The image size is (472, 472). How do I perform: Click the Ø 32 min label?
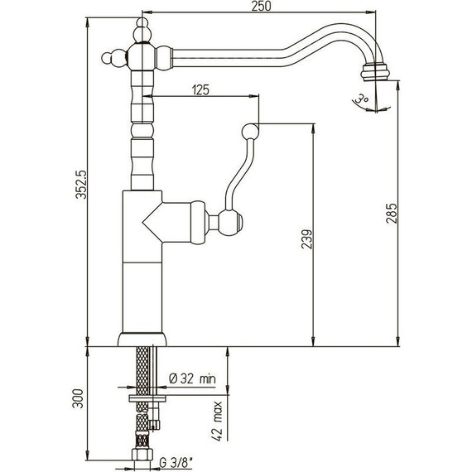[x=192, y=378]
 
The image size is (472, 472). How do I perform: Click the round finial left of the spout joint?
[x=107, y=57]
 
